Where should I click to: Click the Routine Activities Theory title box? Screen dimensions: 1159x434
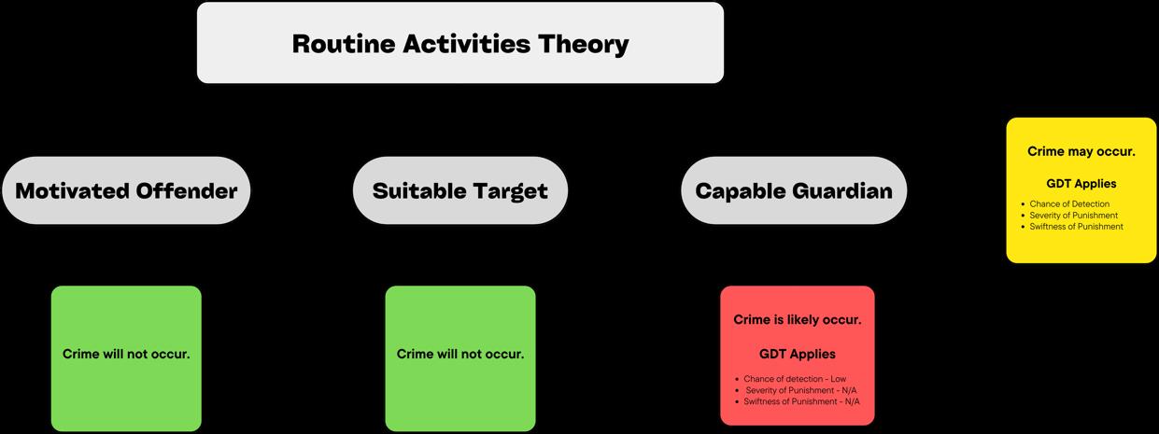click(459, 43)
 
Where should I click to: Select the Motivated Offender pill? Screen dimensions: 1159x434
click(126, 190)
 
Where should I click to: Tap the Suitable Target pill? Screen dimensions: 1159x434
click(459, 190)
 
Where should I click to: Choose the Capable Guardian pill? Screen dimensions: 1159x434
click(794, 190)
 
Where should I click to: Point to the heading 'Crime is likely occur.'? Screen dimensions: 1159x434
click(798, 320)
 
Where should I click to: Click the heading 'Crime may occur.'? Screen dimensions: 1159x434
click(1081, 151)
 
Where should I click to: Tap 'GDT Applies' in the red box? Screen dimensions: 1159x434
click(798, 355)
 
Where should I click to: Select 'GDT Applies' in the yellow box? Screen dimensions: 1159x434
click(1081, 184)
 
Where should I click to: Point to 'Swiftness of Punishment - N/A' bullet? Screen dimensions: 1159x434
click(801, 401)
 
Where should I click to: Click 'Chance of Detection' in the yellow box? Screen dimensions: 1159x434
click(1069, 203)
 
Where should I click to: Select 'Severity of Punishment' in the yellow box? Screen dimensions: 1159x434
click(1074, 216)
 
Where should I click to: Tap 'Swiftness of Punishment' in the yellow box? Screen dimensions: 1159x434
click(1077, 227)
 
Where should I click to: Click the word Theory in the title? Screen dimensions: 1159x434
click(583, 44)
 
